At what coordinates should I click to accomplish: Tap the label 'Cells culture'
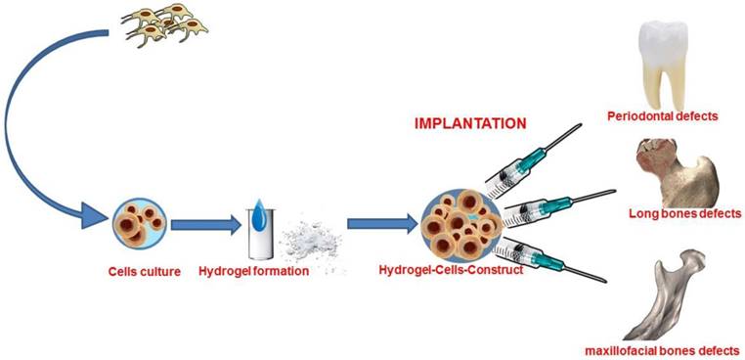(x=144, y=270)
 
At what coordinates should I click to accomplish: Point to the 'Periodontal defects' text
(x=676, y=116)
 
